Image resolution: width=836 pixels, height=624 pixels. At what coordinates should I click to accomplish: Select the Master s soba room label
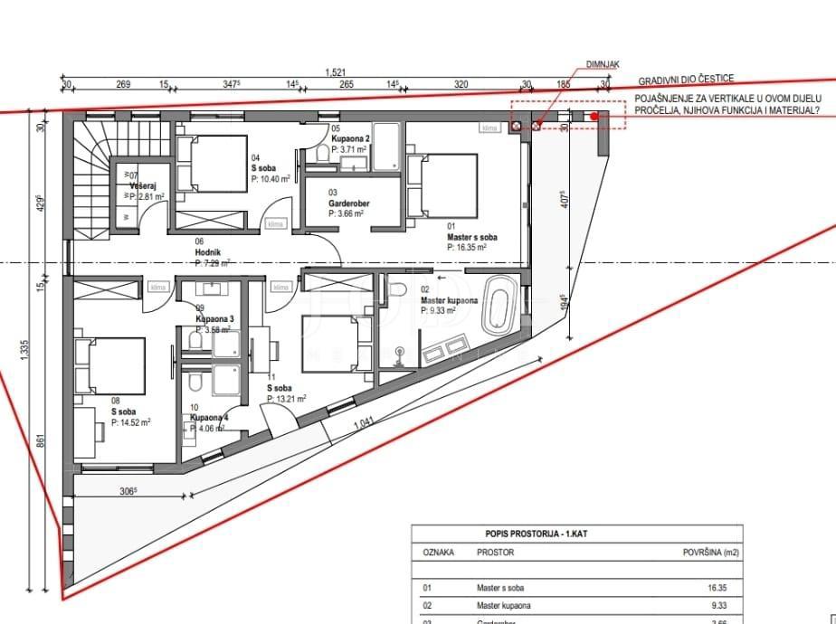[x=466, y=237]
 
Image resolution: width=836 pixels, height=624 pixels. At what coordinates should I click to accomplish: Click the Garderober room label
[x=348, y=204]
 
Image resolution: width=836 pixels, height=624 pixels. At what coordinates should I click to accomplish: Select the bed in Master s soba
[x=443, y=184]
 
